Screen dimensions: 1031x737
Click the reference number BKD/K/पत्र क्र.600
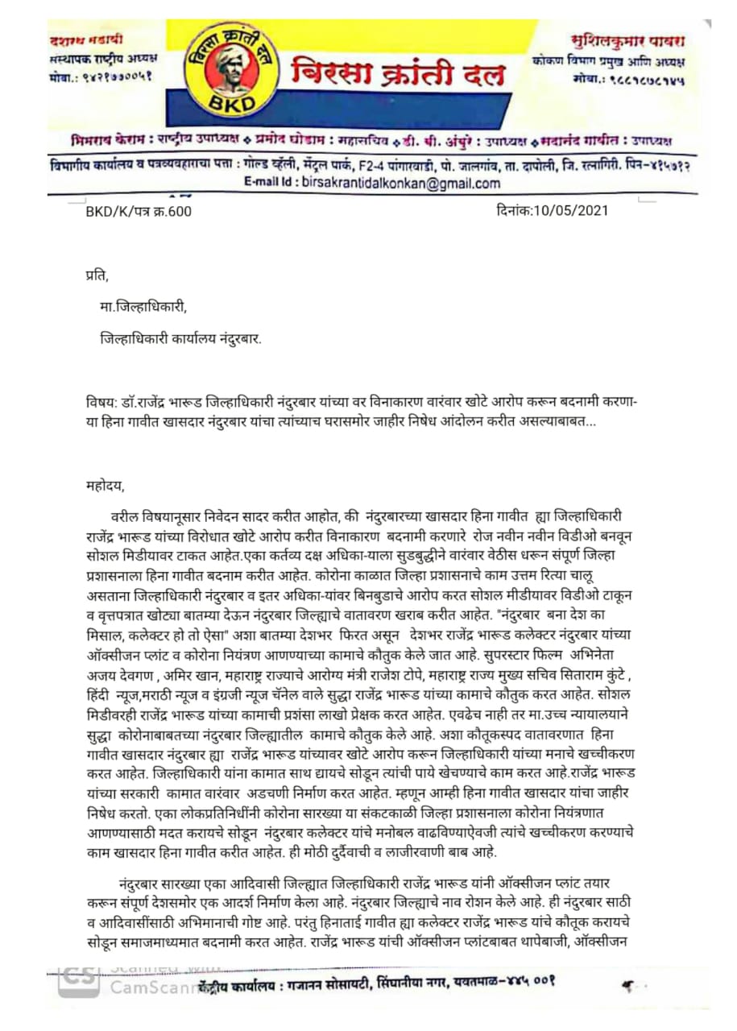pyautogui.click(x=139, y=212)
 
